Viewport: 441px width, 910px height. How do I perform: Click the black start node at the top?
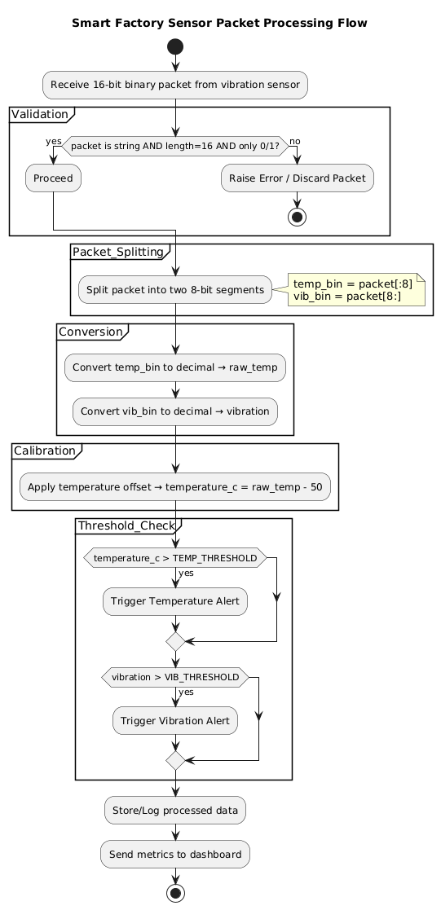(x=175, y=46)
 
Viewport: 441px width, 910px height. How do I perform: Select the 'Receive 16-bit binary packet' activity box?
(x=175, y=84)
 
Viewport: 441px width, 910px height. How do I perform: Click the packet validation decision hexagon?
(x=175, y=145)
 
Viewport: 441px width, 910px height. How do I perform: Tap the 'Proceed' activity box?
(x=53, y=177)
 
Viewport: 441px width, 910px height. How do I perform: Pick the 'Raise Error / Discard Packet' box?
(x=298, y=177)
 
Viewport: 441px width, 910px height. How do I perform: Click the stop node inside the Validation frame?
(x=298, y=217)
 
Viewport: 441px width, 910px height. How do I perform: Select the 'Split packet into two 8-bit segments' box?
(x=175, y=288)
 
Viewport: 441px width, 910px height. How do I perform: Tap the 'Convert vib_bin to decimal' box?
(x=175, y=411)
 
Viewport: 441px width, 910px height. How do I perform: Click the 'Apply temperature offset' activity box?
(x=175, y=487)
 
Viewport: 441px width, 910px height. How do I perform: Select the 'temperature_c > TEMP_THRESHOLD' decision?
(x=175, y=558)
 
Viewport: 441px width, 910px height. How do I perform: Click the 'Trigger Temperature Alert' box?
(x=175, y=601)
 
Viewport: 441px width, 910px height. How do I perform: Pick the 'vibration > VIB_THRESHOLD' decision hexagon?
(x=175, y=677)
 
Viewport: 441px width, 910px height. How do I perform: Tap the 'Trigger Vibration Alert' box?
(x=175, y=720)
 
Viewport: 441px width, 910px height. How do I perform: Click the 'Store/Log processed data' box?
(x=175, y=810)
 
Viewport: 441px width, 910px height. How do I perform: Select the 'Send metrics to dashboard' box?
(x=175, y=854)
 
